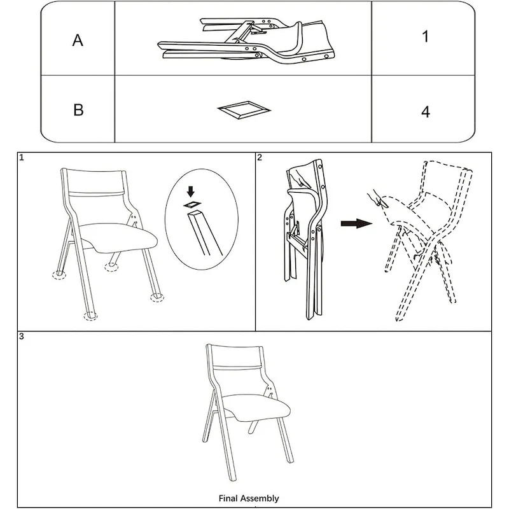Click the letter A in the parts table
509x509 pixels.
tap(78, 41)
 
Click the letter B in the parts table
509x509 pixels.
tap(78, 109)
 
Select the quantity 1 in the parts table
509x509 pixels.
tap(425, 36)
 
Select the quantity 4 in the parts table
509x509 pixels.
tap(425, 112)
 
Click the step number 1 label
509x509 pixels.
tap(22, 157)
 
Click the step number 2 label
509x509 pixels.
tap(260, 157)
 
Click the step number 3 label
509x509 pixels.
tap(22, 336)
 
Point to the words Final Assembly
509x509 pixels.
tap(249, 499)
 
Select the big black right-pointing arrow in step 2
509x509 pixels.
tap(355, 224)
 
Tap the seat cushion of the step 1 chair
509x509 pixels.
tap(121, 237)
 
